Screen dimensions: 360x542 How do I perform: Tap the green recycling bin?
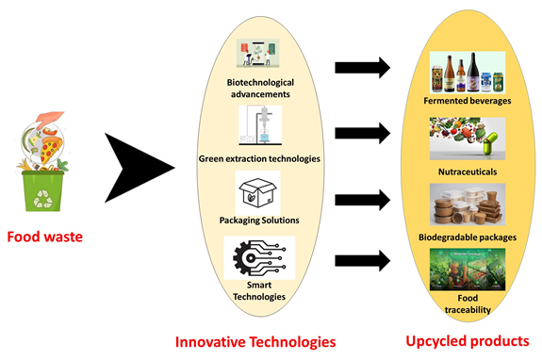(44, 188)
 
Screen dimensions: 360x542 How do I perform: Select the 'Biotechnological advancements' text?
(258, 88)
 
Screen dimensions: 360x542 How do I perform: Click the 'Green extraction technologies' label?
(257, 157)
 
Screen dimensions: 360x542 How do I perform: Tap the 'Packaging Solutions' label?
(257, 220)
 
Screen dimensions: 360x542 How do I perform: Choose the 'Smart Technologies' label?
(257, 289)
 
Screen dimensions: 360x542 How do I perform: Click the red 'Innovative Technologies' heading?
(257, 338)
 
